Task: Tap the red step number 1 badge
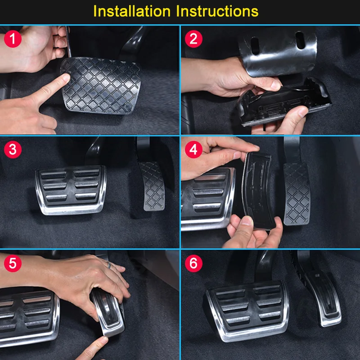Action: [13, 39]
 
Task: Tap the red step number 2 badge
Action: [193, 39]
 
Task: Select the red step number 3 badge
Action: [13, 149]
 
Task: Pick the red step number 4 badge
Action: [193, 149]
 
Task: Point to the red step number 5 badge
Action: [13, 263]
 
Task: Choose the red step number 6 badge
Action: [193, 263]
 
